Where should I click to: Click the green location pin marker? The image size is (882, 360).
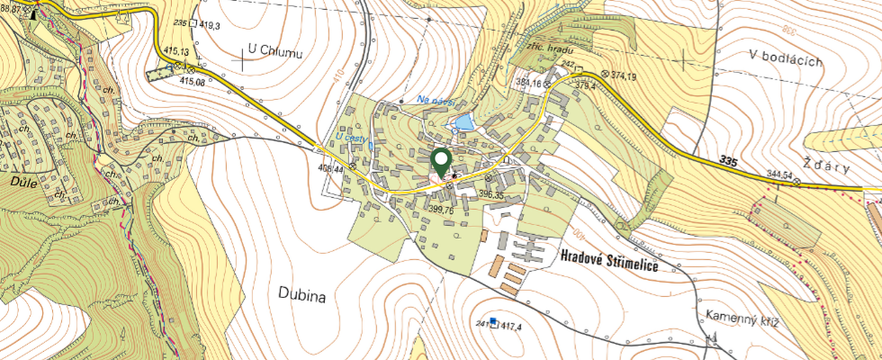point(441,162)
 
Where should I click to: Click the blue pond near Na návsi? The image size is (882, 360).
point(462,121)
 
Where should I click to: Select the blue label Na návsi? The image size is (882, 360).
point(436,100)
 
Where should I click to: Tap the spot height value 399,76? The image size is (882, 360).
point(440,210)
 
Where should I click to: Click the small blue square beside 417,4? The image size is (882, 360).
point(493,322)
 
